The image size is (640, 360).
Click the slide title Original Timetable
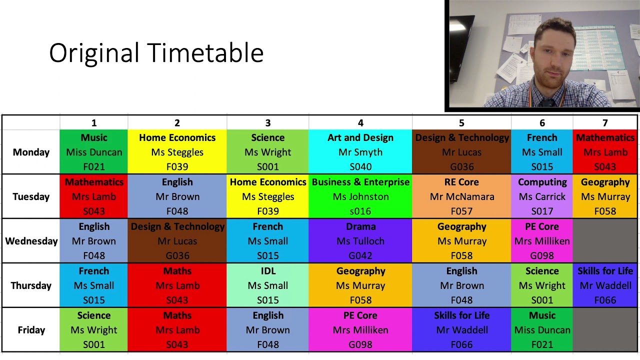click(x=156, y=53)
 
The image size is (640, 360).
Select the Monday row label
click(x=31, y=152)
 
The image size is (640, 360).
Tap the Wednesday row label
click(x=31, y=241)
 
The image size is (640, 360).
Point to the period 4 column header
click(x=360, y=123)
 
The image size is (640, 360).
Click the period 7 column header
click(x=605, y=123)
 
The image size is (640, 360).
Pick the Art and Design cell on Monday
click(x=360, y=152)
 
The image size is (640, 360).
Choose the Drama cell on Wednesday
click(x=360, y=241)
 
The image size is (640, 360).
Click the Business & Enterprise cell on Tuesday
click(x=360, y=196)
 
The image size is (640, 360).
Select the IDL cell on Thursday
click(x=268, y=285)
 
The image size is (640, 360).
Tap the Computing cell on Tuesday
click(x=542, y=196)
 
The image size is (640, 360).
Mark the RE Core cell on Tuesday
click(x=461, y=196)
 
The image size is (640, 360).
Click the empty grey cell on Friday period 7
click(x=605, y=330)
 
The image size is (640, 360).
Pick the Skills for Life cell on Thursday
click(x=605, y=285)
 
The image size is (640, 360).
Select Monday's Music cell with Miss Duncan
click(x=94, y=152)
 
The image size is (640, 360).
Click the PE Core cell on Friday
click(x=360, y=330)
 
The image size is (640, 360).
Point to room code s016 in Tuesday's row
click(x=360, y=211)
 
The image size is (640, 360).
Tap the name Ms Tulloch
click(x=360, y=241)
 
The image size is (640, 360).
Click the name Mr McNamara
click(x=461, y=196)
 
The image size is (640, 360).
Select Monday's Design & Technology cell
click(x=461, y=152)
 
